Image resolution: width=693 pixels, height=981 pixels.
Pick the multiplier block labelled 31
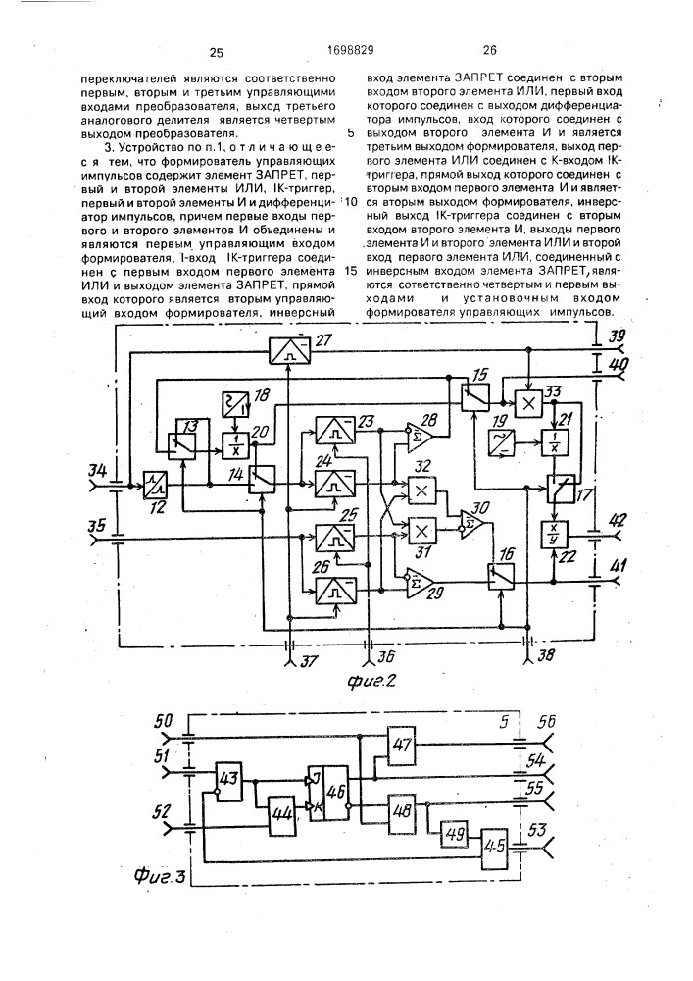pyautogui.click(x=423, y=531)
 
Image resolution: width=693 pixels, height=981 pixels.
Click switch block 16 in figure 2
pyautogui.click(x=503, y=572)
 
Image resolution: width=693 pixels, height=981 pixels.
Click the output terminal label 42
pyautogui.click(x=618, y=520)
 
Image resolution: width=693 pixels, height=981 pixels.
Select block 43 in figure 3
pyautogui.click(x=230, y=778)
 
